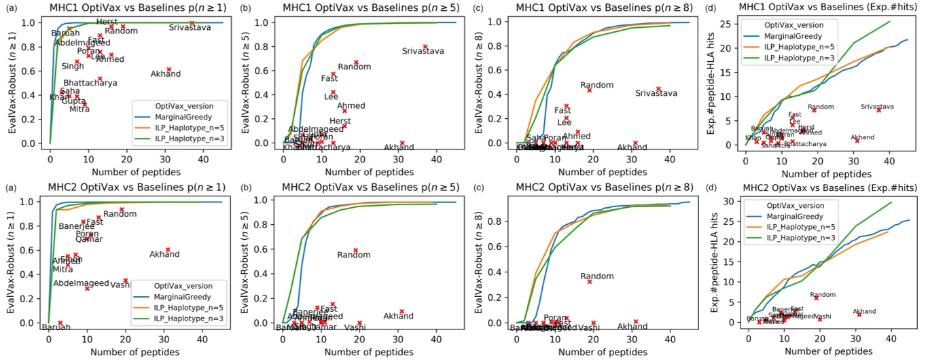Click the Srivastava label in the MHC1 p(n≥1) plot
click(x=190, y=27)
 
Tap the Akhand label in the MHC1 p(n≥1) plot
click(x=165, y=73)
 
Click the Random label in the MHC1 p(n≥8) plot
click(x=597, y=85)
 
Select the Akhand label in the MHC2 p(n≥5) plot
click(x=398, y=316)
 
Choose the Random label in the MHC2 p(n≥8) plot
click(x=597, y=276)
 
